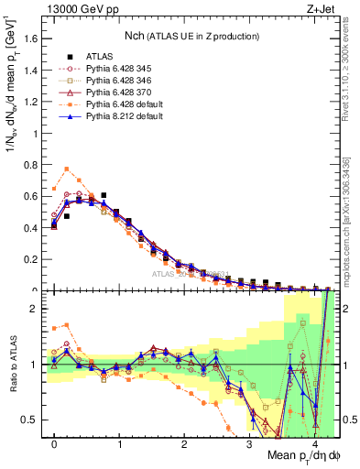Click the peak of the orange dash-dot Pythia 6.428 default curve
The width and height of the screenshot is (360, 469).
pos(67,169)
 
